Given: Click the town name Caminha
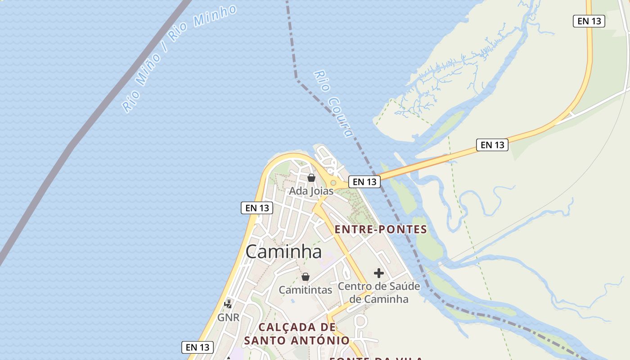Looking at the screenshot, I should click(x=283, y=252).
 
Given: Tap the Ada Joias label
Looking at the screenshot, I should click(x=311, y=191).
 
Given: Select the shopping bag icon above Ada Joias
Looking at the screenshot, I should click(x=311, y=178).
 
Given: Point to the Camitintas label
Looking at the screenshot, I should click(x=306, y=290).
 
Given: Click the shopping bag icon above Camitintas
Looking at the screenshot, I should click(x=306, y=276).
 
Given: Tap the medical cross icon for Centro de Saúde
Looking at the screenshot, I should click(x=379, y=273).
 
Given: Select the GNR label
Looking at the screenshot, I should click(x=228, y=318).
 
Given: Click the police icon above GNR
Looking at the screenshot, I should click(x=229, y=304).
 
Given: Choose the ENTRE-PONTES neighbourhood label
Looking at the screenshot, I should click(x=381, y=229).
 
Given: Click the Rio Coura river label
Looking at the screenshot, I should click(x=333, y=103).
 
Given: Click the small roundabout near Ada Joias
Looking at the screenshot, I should click(x=333, y=183).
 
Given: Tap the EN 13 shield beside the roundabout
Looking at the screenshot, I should click(x=364, y=182).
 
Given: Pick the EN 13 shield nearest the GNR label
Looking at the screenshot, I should click(x=198, y=347).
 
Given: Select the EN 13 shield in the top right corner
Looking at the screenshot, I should click(x=589, y=21).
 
